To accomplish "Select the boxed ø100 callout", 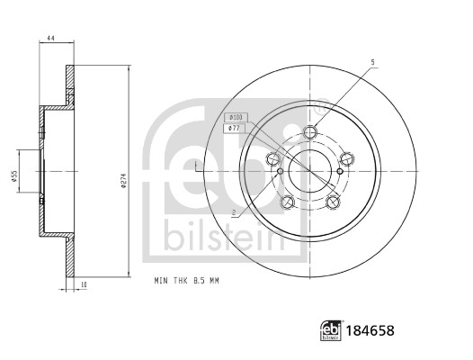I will pyautogui.click(x=236, y=117).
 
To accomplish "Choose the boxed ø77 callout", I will pyautogui.click(x=235, y=129).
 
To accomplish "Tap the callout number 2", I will pyautogui.click(x=234, y=213).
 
